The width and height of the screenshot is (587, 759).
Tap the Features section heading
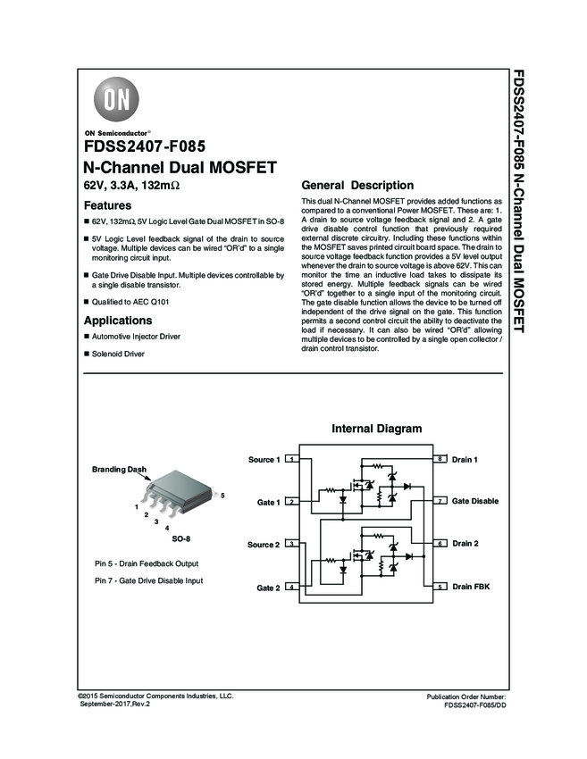(107, 204)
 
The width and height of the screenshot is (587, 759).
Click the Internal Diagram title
(376, 429)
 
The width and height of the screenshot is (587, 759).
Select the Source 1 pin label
(264, 460)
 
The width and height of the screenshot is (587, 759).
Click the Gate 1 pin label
(269, 503)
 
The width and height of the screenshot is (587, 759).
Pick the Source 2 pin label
(264, 545)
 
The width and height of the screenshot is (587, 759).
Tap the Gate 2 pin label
(269, 588)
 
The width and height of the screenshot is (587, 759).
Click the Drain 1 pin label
(465, 459)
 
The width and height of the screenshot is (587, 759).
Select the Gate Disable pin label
(475, 502)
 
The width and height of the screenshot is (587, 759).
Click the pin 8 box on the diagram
(440, 459)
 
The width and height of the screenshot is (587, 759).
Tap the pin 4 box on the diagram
(292, 587)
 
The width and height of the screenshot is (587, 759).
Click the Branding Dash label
(119, 469)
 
